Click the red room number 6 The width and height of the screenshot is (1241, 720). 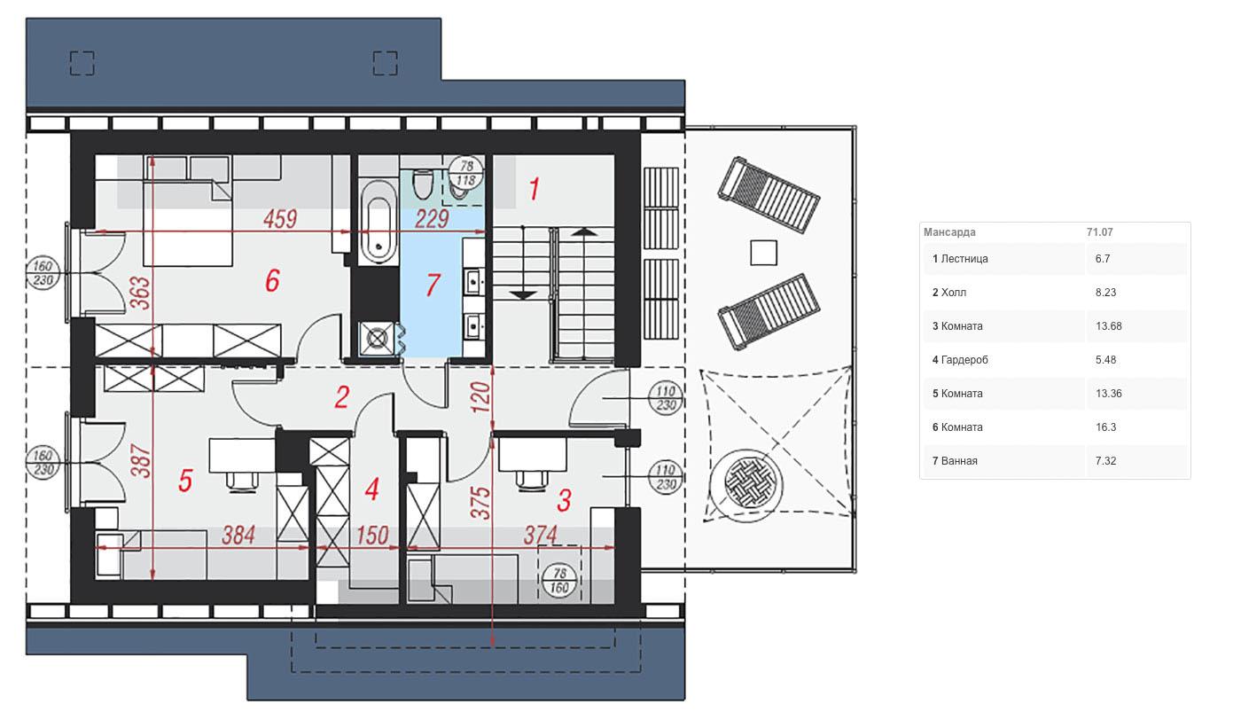click(x=272, y=280)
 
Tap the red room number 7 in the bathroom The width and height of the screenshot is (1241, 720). click(x=433, y=285)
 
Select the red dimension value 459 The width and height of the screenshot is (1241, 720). click(x=280, y=219)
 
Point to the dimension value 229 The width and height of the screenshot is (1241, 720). click(x=432, y=219)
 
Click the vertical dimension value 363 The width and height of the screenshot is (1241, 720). click(x=140, y=293)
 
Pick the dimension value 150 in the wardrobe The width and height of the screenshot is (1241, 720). click(x=372, y=536)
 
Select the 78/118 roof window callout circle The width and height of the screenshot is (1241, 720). click(x=466, y=173)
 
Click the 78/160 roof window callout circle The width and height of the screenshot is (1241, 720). click(x=559, y=580)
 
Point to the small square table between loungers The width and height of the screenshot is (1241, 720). click(x=763, y=253)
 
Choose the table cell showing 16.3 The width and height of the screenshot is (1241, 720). click(x=1106, y=427)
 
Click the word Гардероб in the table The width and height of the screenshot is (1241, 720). click(x=964, y=360)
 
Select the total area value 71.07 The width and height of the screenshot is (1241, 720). click(x=1100, y=232)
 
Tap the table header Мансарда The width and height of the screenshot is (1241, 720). click(x=949, y=232)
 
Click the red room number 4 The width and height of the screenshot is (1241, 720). click(x=371, y=489)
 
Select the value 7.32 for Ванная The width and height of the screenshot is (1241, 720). click(x=1106, y=461)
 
